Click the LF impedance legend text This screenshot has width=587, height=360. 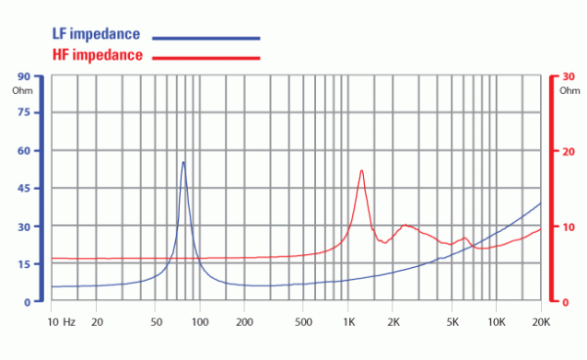click(96, 34)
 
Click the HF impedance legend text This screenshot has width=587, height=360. click(97, 55)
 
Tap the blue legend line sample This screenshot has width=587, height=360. click(205, 38)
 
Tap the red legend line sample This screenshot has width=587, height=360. click(205, 58)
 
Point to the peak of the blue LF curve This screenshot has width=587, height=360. click(183, 162)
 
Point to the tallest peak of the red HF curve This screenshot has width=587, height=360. click(362, 170)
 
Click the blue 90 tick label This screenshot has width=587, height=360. click(23, 76)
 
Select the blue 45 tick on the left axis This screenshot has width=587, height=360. click(23, 188)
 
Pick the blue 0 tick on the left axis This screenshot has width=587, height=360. click(27, 302)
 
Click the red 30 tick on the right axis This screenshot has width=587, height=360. click(568, 76)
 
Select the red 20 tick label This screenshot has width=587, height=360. click(568, 152)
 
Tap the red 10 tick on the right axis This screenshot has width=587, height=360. click(568, 227)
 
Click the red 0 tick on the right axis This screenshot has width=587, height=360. click(565, 302)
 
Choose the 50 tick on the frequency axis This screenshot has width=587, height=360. click(157, 322)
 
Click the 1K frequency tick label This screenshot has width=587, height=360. click(349, 322)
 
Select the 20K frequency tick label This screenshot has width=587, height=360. click(541, 322)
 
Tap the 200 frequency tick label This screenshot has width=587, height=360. click(245, 322)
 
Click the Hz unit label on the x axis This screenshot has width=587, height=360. click(69, 322)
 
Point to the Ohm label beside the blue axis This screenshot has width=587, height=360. click(23, 91)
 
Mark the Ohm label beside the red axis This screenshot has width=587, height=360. click(569, 91)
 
